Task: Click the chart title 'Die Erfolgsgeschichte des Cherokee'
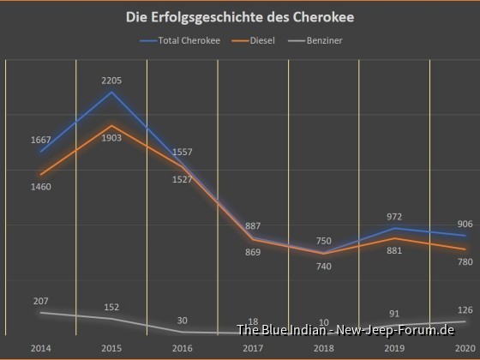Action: [x=239, y=17]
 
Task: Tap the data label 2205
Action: [x=111, y=81]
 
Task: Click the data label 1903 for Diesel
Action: [x=111, y=138]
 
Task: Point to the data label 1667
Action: [x=40, y=140]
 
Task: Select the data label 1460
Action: [x=40, y=186]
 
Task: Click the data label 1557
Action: [x=182, y=152]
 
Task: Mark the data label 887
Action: [x=253, y=225]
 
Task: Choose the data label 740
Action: [x=324, y=267]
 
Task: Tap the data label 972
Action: [x=393, y=217]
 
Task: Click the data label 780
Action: [x=465, y=261]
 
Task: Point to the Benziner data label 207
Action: [x=40, y=301]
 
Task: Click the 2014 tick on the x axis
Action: [x=40, y=349]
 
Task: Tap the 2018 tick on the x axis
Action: [x=324, y=349]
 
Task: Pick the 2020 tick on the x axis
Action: [x=465, y=349]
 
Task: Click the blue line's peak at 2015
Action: [x=111, y=92]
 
